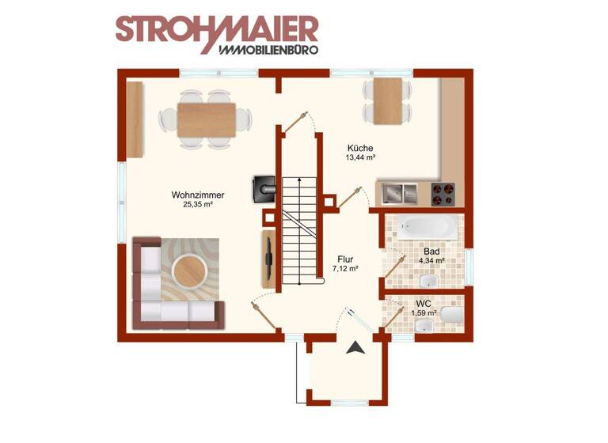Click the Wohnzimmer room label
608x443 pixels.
(x=197, y=195)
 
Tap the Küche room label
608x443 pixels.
(x=359, y=148)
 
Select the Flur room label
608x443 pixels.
(x=345, y=259)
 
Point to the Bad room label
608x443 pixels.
(x=431, y=251)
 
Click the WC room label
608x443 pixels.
(x=424, y=303)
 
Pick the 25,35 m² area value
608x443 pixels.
(x=197, y=204)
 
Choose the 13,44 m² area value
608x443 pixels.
(x=359, y=157)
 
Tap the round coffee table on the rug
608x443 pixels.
(x=191, y=271)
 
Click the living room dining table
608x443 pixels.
(x=207, y=119)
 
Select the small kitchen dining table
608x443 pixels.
(x=388, y=101)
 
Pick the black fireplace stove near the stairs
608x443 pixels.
(x=263, y=187)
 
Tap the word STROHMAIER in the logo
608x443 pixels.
(x=216, y=28)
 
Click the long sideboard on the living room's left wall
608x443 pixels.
(x=135, y=119)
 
